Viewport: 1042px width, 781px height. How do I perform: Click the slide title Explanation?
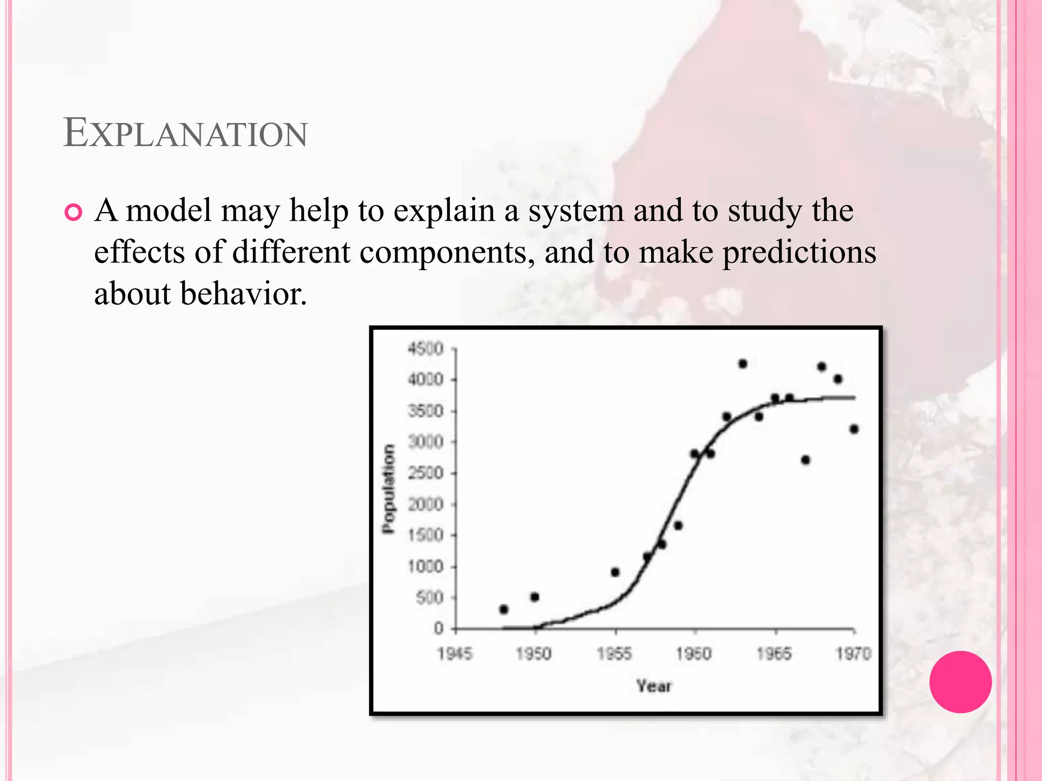[185, 133]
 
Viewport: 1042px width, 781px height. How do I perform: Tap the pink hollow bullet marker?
[73, 212]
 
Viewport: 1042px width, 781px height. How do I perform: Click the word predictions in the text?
[799, 253]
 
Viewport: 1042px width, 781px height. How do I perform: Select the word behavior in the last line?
[243, 294]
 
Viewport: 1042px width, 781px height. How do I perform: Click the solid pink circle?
[960, 682]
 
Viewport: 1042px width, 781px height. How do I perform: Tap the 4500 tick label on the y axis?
[425, 349]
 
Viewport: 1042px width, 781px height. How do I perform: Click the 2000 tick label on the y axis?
[425, 504]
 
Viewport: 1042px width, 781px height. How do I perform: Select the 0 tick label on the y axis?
[439, 629]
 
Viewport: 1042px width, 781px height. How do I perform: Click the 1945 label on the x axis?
[455, 653]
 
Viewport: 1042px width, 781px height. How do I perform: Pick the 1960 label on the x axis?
[694, 653]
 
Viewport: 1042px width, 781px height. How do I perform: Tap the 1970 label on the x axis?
[854, 653]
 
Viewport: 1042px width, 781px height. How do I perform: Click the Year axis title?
[654, 686]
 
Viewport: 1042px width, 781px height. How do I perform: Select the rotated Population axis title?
[389, 489]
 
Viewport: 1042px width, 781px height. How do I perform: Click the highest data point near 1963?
[742, 364]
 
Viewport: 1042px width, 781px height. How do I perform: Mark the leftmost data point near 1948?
[504, 609]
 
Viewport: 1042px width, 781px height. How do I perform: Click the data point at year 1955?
[615, 572]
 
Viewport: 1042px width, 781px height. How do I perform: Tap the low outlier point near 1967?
[805, 460]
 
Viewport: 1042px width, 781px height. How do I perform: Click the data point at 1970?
[854, 429]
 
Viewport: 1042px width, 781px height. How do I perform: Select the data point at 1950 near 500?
[535, 597]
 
